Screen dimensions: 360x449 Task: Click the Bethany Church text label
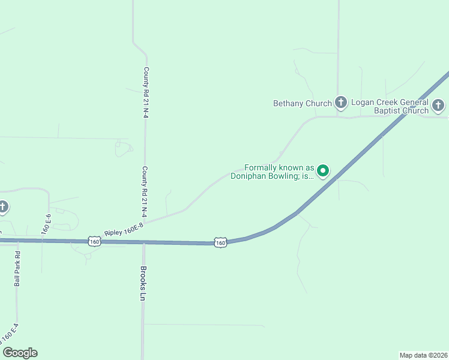click(x=303, y=103)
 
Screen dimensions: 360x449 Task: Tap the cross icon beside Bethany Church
click(x=341, y=103)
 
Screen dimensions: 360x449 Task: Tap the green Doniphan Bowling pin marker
click(x=323, y=172)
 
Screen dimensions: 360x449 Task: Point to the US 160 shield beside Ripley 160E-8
click(x=94, y=241)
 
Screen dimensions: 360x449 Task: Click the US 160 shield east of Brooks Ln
click(x=221, y=242)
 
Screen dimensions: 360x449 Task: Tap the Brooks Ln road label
click(x=143, y=283)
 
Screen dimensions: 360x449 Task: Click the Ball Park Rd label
click(x=17, y=268)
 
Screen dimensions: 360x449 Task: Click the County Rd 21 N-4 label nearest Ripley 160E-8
click(x=145, y=191)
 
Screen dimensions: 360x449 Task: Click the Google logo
click(x=20, y=353)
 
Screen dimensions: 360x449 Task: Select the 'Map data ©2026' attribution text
click(x=423, y=355)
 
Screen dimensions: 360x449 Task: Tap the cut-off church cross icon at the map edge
click(x=3, y=208)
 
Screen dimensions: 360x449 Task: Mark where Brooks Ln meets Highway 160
click(x=143, y=242)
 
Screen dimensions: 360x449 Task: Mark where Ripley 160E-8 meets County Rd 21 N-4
click(x=145, y=221)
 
